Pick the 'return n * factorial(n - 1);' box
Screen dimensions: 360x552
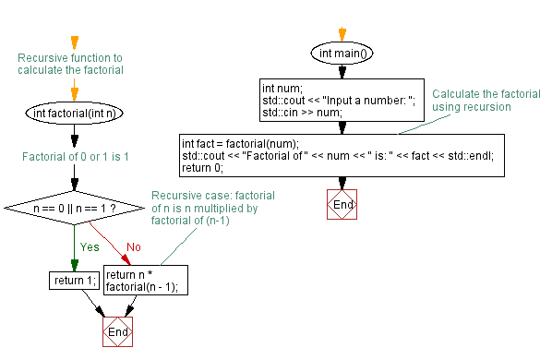point(147,281)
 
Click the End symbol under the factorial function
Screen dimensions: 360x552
point(117,331)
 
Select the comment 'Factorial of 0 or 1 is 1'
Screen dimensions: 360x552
point(76,157)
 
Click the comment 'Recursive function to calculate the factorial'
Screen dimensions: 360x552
point(71,63)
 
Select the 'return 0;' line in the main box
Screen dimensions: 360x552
point(202,169)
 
